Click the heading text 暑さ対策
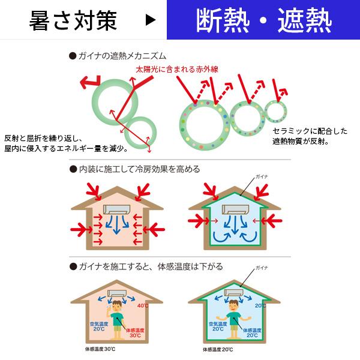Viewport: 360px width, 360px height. point(73,20)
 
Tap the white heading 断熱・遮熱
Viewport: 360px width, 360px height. point(263,20)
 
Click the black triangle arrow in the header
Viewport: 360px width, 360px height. point(150,20)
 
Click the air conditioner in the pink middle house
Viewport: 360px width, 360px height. point(118,210)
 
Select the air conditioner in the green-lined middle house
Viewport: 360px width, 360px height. point(235,210)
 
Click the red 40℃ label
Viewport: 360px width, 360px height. point(142,306)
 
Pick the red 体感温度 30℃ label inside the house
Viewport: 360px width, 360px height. point(135,332)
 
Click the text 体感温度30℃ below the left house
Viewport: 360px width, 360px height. point(100,349)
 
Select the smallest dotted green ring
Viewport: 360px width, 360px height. point(275,112)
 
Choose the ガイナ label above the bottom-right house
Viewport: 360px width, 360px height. point(261,268)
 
